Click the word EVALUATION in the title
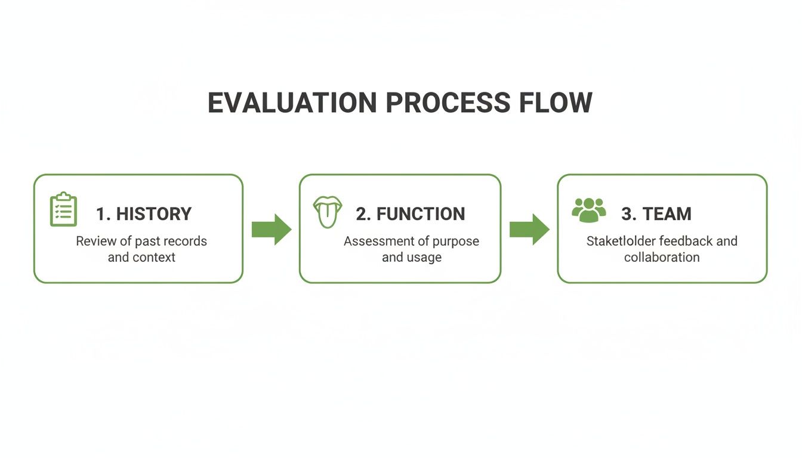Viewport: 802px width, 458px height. pyautogui.click(x=292, y=103)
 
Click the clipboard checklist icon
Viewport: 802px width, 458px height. pyautogui.click(x=63, y=210)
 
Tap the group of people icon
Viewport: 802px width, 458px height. pyautogui.click(x=589, y=211)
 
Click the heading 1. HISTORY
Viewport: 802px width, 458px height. pyautogui.click(x=144, y=214)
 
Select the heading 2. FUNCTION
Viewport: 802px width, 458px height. pyautogui.click(x=411, y=214)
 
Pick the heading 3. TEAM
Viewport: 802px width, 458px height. pyautogui.click(x=656, y=214)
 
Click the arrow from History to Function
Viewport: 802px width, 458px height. pyautogui.click(x=271, y=229)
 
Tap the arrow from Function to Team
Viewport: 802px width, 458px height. pyautogui.click(x=529, y=229)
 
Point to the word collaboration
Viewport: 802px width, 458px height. pyautogui.click(x=662, y=258)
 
